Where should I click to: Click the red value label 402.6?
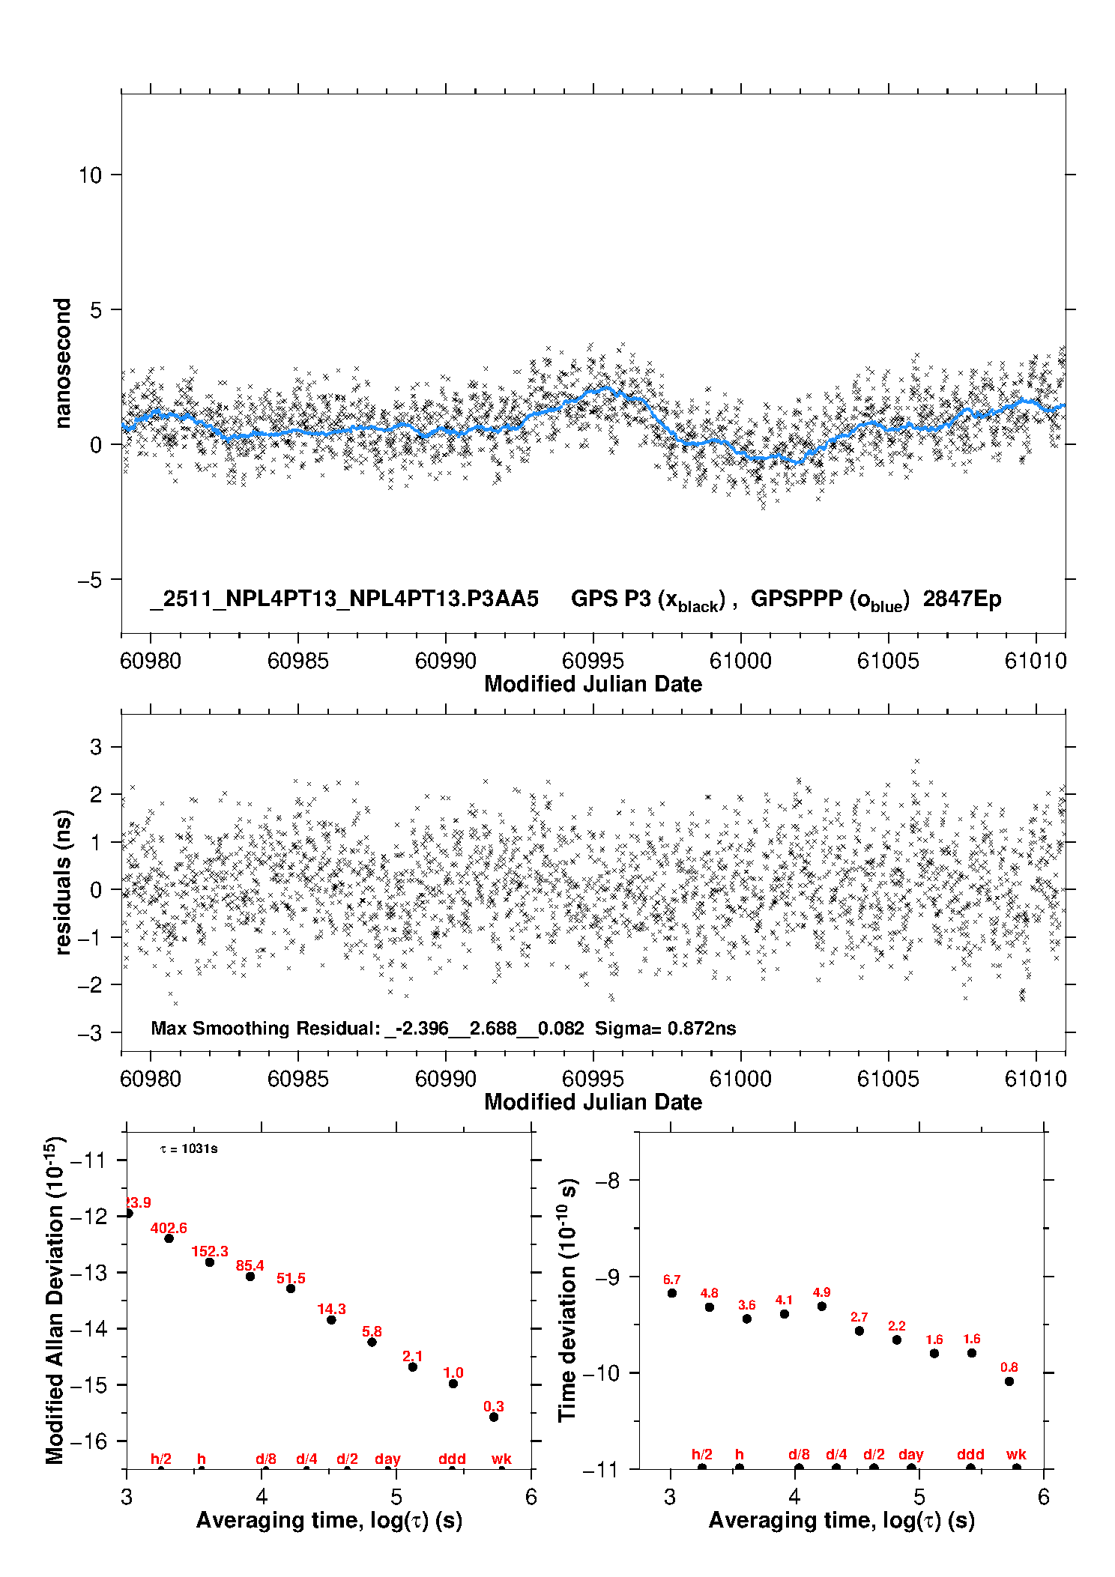[169, 1228]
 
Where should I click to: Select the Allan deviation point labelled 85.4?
[250, 1276]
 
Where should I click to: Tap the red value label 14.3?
[331, 1309]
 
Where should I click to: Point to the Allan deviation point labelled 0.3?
[494, 1417]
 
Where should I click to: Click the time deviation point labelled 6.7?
[672, 1293]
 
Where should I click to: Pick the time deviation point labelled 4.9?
[822, 1306]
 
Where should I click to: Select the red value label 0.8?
[1009, 1367]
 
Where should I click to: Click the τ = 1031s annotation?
[189, 1149]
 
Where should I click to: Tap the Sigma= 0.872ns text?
[665, 1028]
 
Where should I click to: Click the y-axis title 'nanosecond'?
[62, 363]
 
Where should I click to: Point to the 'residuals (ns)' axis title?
[63, 882]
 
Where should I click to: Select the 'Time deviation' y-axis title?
[568, 1300]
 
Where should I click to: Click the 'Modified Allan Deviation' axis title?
[54, 1300]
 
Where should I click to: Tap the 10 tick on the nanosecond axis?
[90, 175]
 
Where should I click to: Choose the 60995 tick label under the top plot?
[593, 661]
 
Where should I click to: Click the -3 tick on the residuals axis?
[90, 1033]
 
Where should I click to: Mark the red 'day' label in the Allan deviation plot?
[387, 1459]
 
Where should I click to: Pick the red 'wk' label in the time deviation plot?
[1016, 1454]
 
